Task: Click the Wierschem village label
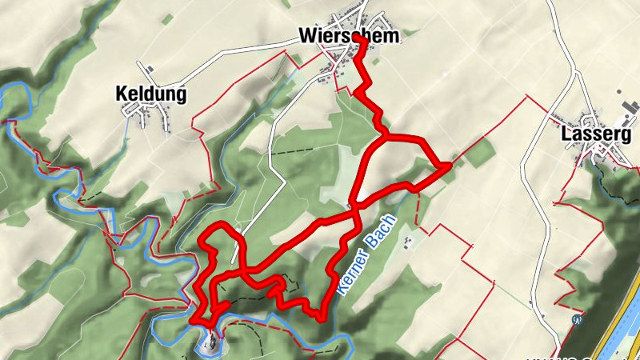[347, 36]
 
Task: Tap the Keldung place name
[151, 94]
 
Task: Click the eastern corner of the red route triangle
[448, 166]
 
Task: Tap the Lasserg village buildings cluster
[600, 156]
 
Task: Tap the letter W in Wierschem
[306, 36]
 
